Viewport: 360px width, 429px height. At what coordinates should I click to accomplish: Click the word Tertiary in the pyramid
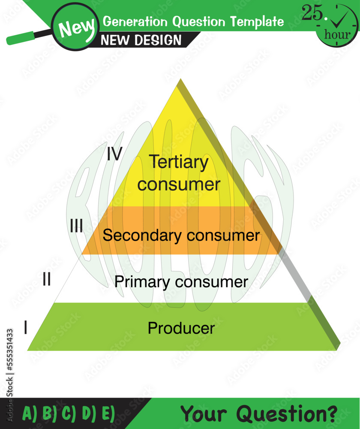point(179,162)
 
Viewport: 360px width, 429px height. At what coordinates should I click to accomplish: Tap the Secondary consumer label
point(181,236)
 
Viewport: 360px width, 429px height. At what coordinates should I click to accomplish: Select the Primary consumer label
point(181,282)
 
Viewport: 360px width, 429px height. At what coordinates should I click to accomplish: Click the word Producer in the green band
point(181,328)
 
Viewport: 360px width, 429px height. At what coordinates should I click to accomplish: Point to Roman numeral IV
point(114,154)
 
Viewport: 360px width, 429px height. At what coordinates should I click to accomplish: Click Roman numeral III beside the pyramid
point(76,226)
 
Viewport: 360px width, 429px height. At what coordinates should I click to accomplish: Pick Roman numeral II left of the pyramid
point(47,280)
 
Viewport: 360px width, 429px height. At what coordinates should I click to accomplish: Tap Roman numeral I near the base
point(26,329)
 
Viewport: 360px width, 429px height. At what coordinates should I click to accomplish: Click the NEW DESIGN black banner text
point(141,40)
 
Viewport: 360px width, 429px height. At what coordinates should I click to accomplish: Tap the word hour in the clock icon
point(337,35)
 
